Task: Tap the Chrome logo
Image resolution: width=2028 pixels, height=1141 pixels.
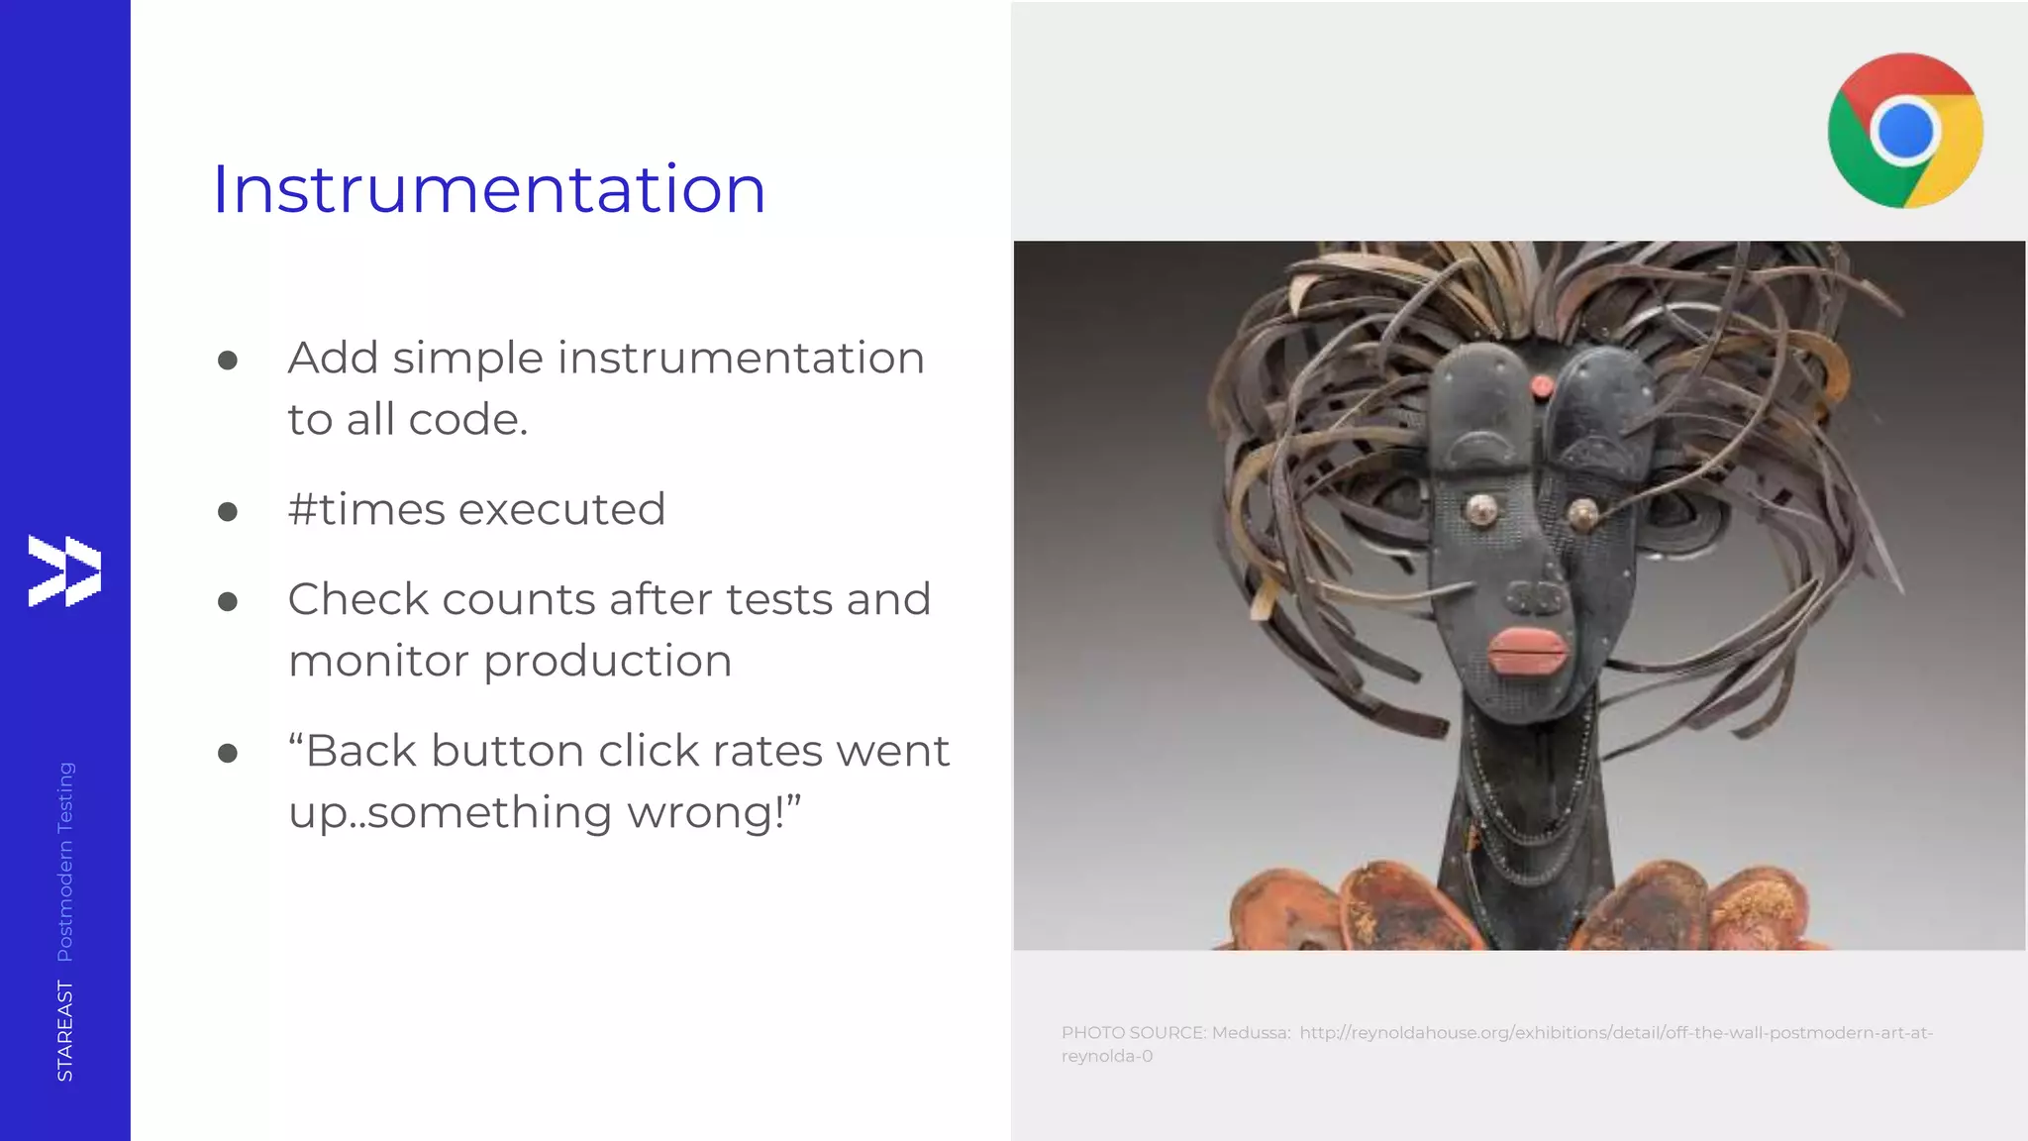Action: click(x=1904, y=131)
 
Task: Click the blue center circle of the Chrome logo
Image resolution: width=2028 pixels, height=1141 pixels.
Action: click(x=1904, y=131)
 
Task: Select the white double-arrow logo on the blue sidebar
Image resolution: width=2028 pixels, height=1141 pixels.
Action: click(x=64, y=570)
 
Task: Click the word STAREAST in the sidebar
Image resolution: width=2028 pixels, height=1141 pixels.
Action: click(x=65, y=1030)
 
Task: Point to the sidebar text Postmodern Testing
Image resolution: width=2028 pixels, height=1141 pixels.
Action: click(x=65, y=861)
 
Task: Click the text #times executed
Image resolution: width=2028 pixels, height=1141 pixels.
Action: click(x=476, y=509)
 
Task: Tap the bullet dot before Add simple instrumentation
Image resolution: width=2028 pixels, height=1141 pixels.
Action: click(x=228, y=360)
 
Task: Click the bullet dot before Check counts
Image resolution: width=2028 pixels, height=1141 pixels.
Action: click(x=228, y=601)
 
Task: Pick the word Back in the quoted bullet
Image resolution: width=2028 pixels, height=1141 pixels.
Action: click(x=361, y=751)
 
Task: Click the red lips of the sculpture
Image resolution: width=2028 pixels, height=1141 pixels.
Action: click(x=1527, y=651)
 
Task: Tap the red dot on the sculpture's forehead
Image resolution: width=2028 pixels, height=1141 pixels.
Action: click(x=1543, y=385)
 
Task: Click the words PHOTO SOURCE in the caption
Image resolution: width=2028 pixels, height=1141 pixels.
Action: click(x=1133, y=1033)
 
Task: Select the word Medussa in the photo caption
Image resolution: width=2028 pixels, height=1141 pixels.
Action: click(x=1250, y=1033)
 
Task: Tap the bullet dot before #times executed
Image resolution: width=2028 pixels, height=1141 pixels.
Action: click(x=228, y=511)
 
